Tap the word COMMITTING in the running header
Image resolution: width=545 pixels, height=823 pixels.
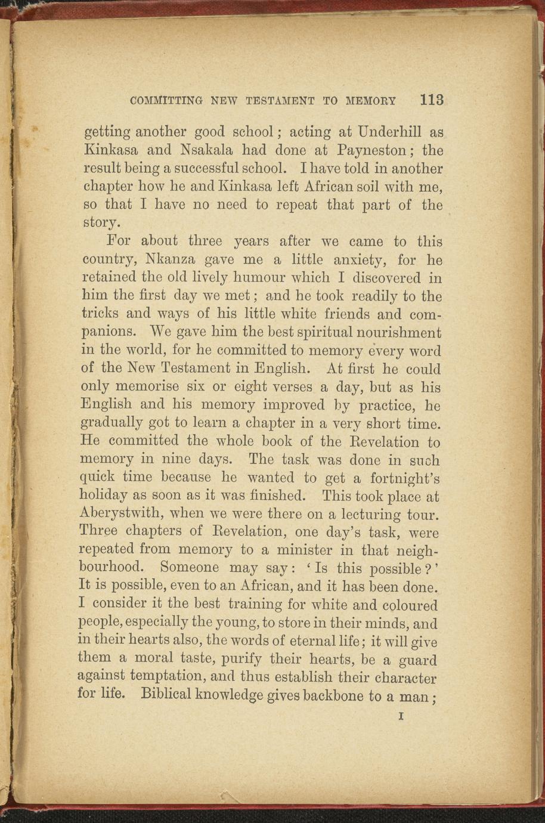(166, 101)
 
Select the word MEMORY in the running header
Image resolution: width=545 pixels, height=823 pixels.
(371, 101)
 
